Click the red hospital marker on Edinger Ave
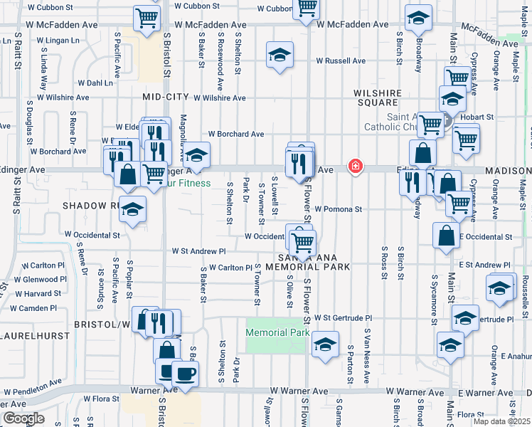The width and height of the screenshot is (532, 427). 355,167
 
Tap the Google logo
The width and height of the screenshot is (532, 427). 23,418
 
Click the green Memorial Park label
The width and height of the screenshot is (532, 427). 277,333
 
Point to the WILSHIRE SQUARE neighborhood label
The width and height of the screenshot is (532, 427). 378,97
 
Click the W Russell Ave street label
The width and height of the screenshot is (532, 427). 340,61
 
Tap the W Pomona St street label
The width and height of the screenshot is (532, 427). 339,210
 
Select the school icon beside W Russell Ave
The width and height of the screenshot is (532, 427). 280,55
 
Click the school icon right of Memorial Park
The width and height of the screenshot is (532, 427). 325,344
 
